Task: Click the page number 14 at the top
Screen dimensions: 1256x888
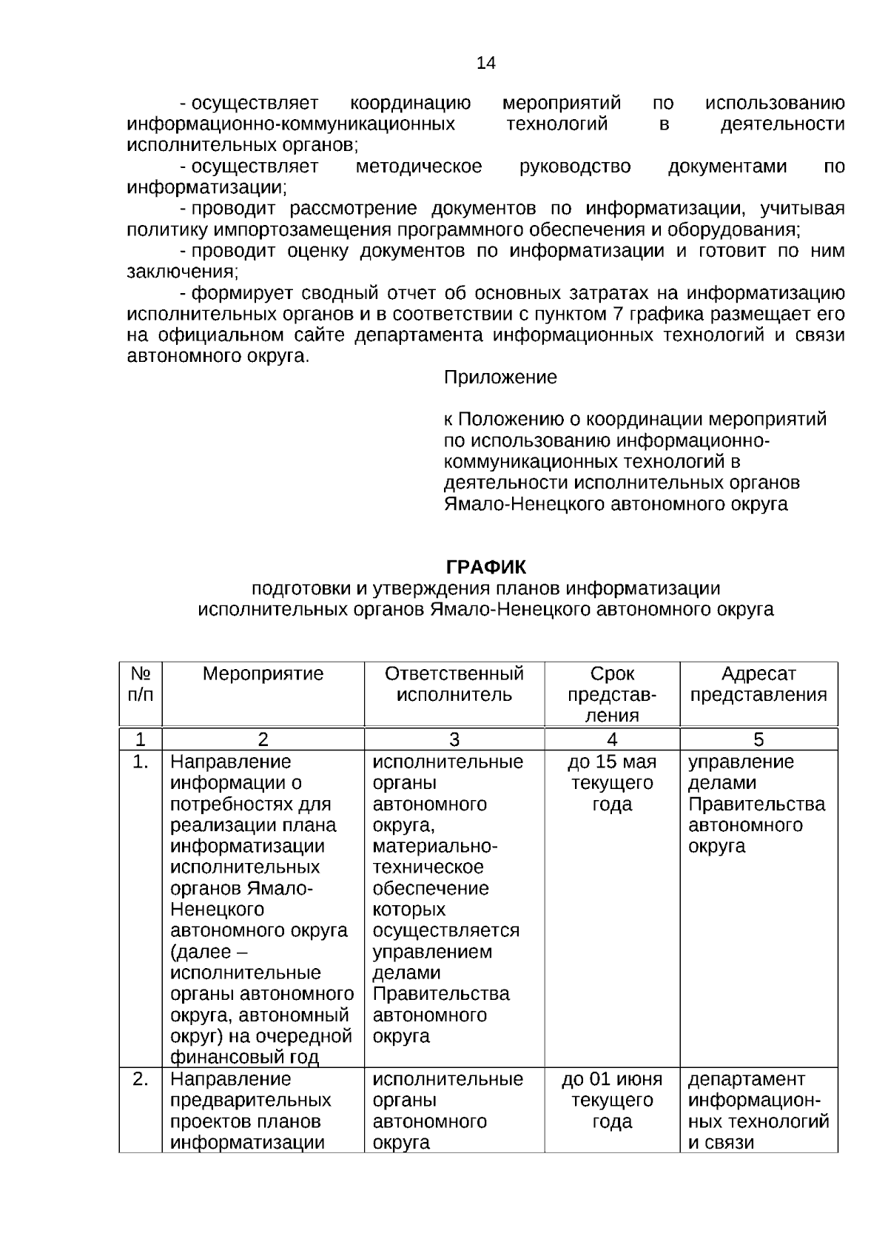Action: pos(485,63)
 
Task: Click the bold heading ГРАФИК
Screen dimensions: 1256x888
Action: pos(485,568)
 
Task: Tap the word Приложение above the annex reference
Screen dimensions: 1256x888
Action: pos(500,377)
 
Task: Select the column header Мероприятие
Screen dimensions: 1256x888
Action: pos(263,674)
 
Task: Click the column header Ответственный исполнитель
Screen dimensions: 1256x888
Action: pos(454,685)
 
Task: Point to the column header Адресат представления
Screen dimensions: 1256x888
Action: pos(758,685)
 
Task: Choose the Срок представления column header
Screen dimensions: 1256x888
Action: pos(612,695)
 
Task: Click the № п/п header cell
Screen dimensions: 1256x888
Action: pos(141,685)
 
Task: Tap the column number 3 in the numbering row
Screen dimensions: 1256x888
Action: pos(454,739)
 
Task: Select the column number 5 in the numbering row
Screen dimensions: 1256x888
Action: pos(758,739)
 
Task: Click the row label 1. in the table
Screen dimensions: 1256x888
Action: pos(141,762)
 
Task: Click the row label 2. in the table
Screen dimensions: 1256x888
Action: pos(141,1079)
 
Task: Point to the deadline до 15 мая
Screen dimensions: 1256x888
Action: pos(612,762)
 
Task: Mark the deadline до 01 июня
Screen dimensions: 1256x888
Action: pos(612,1079)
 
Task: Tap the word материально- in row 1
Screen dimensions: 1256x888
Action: pos(435,846)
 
